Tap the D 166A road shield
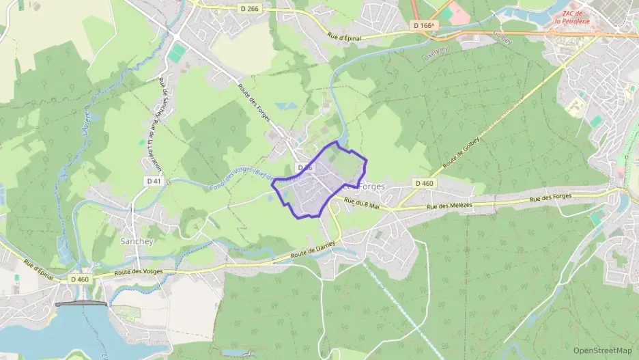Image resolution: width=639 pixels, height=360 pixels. tap(423, 25)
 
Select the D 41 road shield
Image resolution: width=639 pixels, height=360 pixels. tap(154, 181)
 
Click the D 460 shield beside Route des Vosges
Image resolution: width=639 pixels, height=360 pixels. tap(80, 279)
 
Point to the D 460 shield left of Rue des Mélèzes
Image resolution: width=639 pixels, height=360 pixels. tap(423, 183)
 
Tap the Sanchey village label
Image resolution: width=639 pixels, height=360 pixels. tap(137, 241)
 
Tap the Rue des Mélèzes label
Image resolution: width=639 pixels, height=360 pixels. tap(450, 206)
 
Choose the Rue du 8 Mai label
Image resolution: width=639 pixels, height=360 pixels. tap(362, 203)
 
